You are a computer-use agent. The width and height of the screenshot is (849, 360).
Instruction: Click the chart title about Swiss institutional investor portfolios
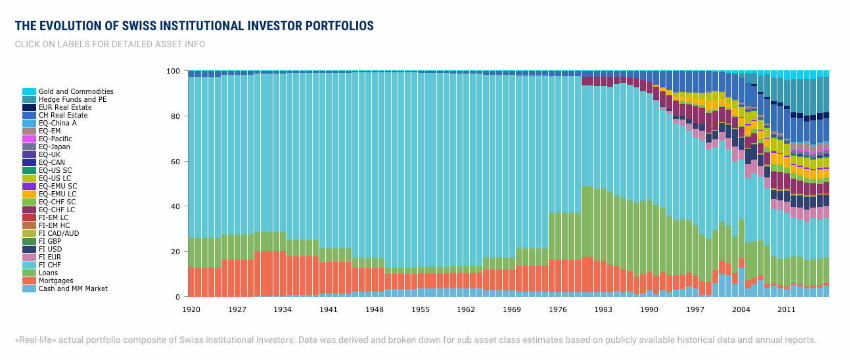pyautogui.click(x=194, y=26)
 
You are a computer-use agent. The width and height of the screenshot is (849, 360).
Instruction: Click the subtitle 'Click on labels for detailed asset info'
pyautogui.click(x=110, y=45)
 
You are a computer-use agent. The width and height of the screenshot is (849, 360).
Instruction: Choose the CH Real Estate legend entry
pyautogui.click(x=63, y=116)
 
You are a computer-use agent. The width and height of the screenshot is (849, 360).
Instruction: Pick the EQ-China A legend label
pyautogui.click(x=58, y=124)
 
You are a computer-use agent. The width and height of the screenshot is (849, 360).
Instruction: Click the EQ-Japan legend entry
pyautogui.click(x=55, y=147)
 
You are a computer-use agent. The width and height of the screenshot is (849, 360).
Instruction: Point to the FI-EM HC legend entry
pyautogui.click(x=55, y=226)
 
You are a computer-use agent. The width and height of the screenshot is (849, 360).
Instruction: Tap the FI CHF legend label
pyautogui.click(x=51, y=265)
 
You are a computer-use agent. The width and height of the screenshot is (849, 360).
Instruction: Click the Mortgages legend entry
pyautogui.click(x=56, y=281)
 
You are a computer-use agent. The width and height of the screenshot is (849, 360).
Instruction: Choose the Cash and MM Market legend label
pyautogui.click(x=73, y=289)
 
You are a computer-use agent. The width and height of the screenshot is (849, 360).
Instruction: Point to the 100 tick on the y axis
pyautogui.click(x=173, y=71)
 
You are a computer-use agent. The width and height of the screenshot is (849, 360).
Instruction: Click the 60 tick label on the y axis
pyautogui.click(x=175, y=162)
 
